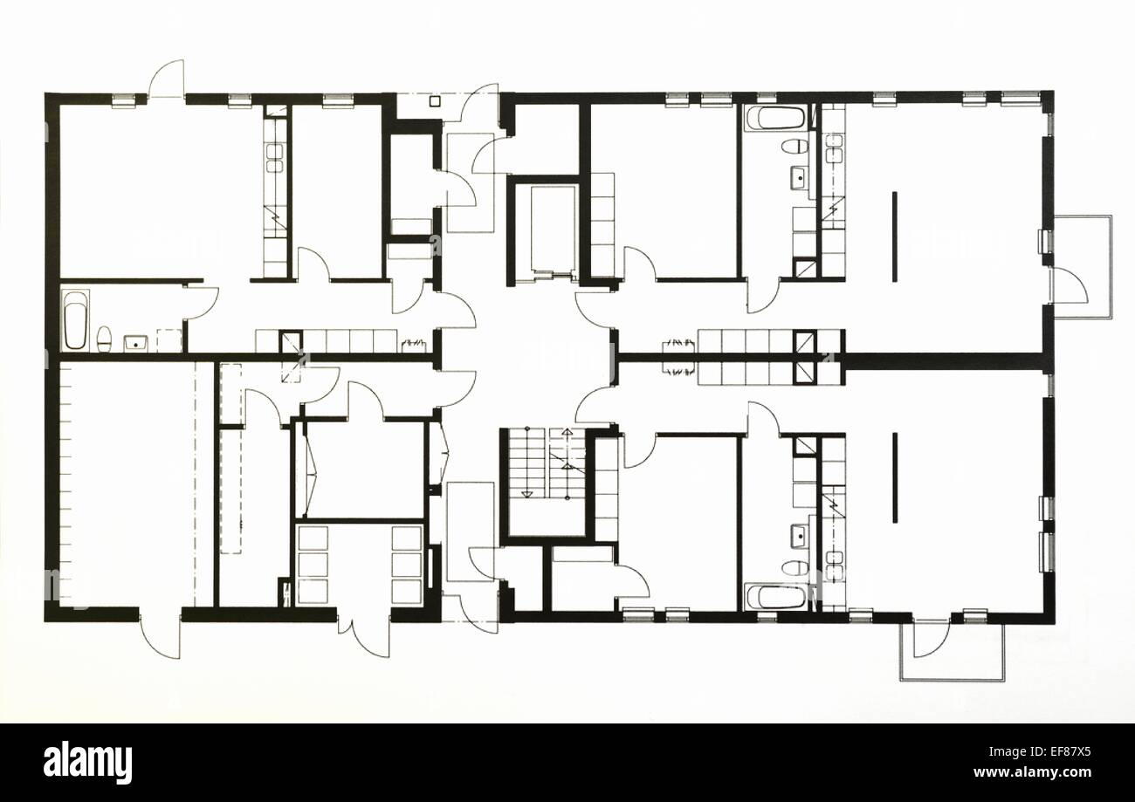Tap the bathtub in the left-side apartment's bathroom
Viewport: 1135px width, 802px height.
point(75,320)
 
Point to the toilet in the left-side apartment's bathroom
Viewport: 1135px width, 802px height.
point(104,337)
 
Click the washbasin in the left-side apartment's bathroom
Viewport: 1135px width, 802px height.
point(135,342)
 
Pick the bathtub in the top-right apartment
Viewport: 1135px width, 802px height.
point(775,118)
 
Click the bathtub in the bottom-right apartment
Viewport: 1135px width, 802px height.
point(775,597)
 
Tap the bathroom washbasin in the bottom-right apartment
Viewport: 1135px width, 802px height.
point(798,535)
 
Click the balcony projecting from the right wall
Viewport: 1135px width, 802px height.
point(1083,266)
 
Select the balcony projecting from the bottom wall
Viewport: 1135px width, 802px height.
point(952,650)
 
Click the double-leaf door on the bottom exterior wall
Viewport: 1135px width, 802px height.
point(364,637)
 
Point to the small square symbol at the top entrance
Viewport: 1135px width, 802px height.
point(435,101)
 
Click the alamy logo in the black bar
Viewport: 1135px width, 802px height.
point(87,762)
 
